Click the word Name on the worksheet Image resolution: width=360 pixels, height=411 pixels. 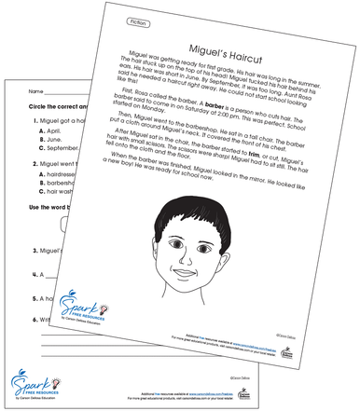click(36, 92)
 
